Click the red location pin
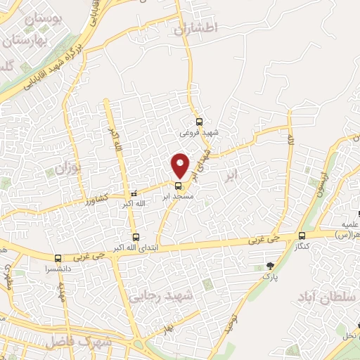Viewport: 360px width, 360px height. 181,165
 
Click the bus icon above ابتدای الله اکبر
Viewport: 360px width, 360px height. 135,238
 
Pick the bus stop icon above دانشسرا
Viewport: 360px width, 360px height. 58,258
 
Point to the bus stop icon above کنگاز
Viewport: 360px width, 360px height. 302,236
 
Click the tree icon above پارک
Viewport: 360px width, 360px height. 270,266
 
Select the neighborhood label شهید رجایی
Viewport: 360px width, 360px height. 186,296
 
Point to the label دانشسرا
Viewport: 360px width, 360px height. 52,269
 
